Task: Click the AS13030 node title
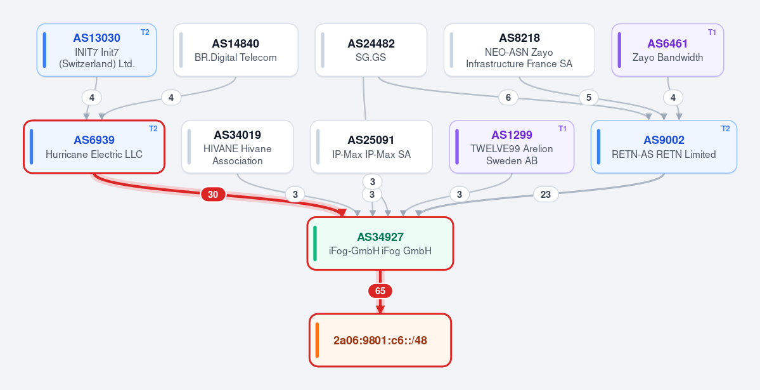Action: tap(96, 38)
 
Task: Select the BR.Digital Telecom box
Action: tap(236, 50)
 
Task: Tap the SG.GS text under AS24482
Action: tap(371, 57)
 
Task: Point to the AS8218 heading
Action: tap(519, 38)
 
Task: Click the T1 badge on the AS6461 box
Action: tap(712, 32)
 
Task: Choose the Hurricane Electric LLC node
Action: tap(94, 146)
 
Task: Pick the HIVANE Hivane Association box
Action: tap(238, 146)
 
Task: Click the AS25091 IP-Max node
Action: tap(371, 146)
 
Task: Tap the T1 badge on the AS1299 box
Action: tap(562, 129)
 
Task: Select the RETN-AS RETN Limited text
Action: tap(664, 154)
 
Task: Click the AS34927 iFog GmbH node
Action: tap(380, 244)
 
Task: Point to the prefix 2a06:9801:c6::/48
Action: tap(380, 340)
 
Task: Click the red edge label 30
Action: tap(213, 195)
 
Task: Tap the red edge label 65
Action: tap(380, 291)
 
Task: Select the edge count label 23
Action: tap(546, 195)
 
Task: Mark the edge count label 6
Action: tap(508, 98)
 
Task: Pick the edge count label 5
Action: tap(588, 98)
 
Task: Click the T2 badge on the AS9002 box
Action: tap(726, 129)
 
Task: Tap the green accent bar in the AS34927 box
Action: tap(315, 244)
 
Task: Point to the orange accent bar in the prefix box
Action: tap(317, 340)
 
